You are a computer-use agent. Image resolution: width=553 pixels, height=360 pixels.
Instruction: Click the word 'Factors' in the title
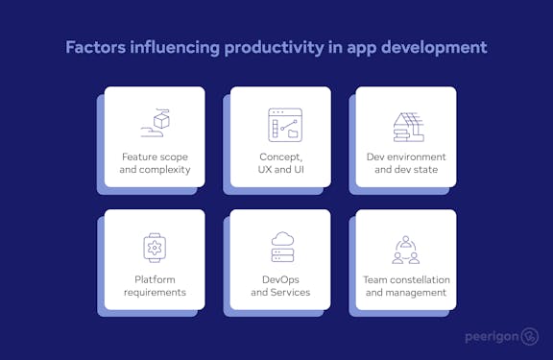pyautogui.click(x=94, y=46)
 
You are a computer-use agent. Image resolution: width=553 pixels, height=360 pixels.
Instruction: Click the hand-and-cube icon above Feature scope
pyautogui.click(x=155, y=122)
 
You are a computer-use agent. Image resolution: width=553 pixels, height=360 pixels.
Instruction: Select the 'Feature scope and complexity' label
pyautogui.click(x=156, y=162)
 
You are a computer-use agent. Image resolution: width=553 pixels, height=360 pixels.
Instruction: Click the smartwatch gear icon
pyautogui.click(x=155, y=247)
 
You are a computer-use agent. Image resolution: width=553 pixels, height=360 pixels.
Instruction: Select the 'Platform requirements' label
pyautogui.click(x=155, y=285)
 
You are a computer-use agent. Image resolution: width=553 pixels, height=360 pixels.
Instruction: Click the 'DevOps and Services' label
pyautogui.click(x=280, y=285)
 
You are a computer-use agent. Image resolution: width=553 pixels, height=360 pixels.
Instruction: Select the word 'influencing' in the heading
pyautogui.click(x=171, y=46)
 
